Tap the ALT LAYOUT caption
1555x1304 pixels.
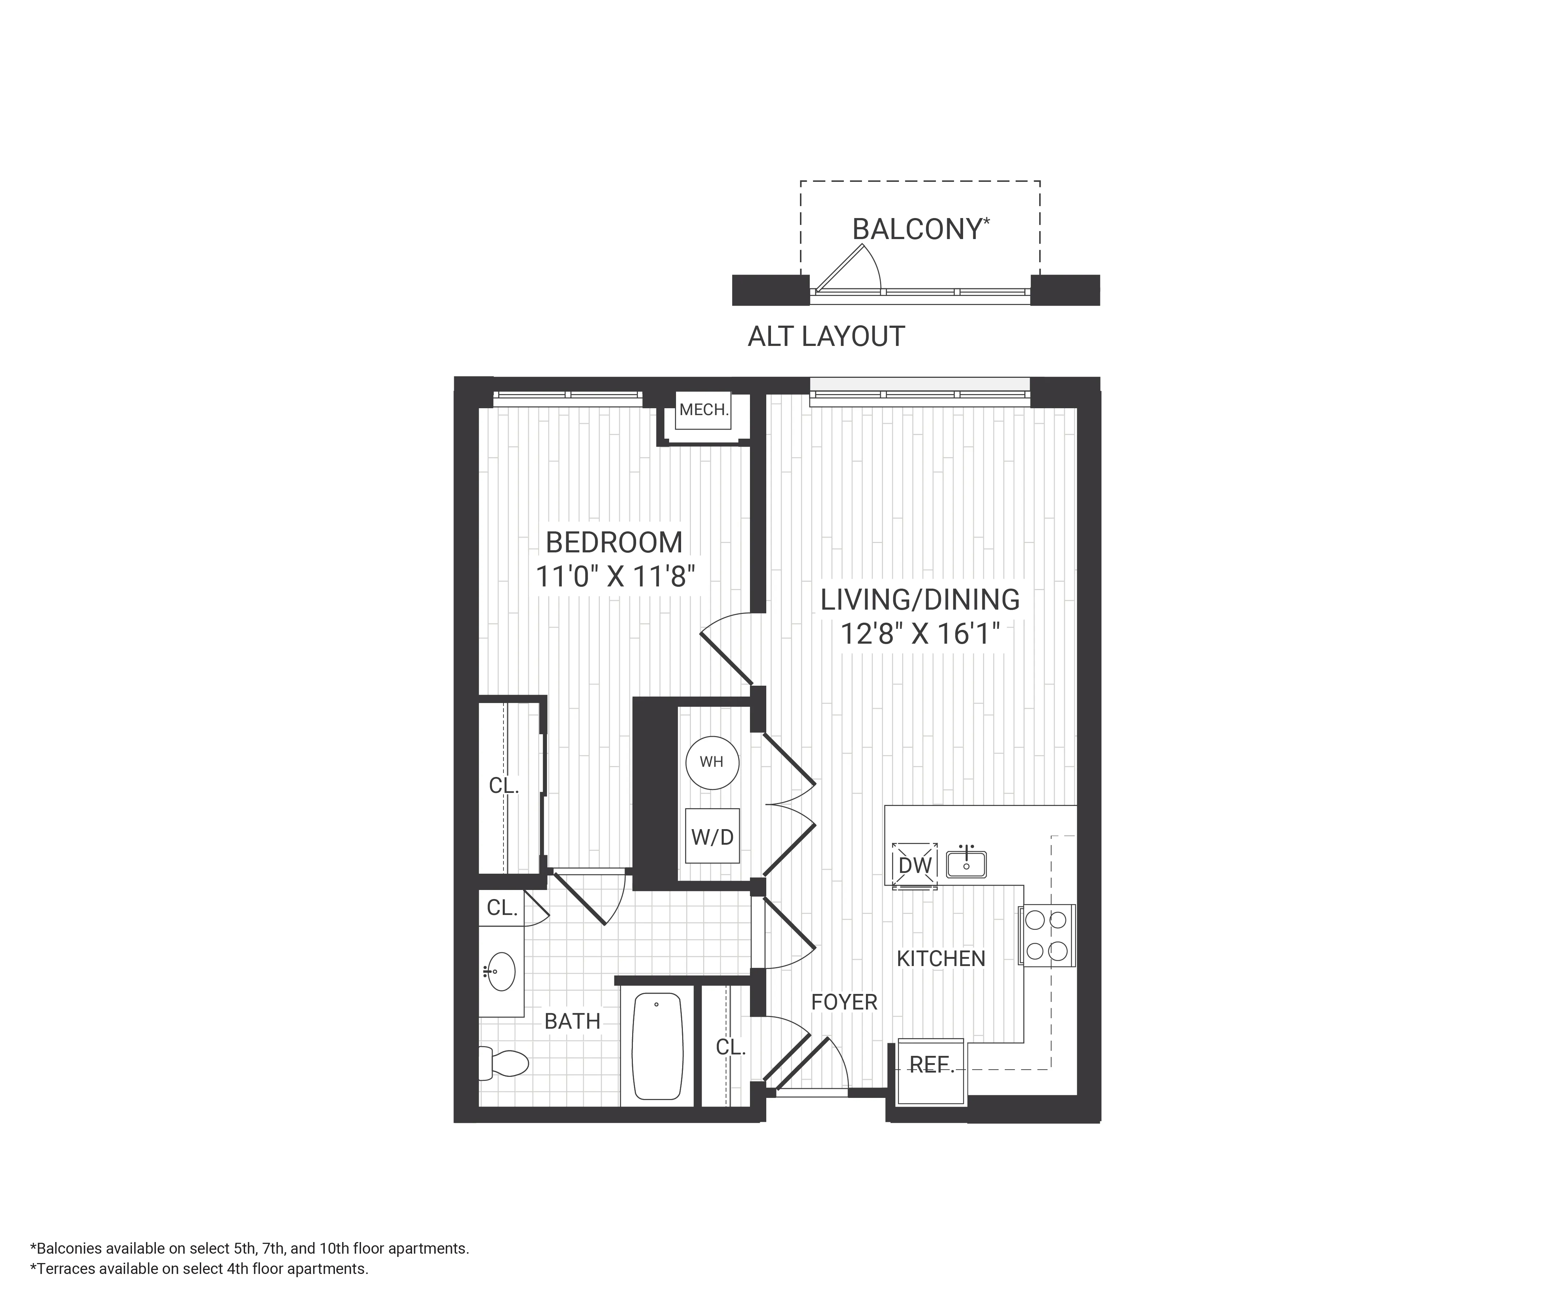click(x=826, y=337)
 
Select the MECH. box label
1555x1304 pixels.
click(x=704, y=409)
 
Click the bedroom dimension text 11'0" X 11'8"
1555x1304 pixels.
click(x=615, y=577)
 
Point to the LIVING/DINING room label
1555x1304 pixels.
click(x=920, y=599)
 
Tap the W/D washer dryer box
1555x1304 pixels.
click(x=712, y=836)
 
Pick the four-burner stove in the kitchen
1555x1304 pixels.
click(x=1046, y=936)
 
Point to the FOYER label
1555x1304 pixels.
click(x=843, y=1002)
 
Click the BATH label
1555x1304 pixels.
click(x=572, y=1021)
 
